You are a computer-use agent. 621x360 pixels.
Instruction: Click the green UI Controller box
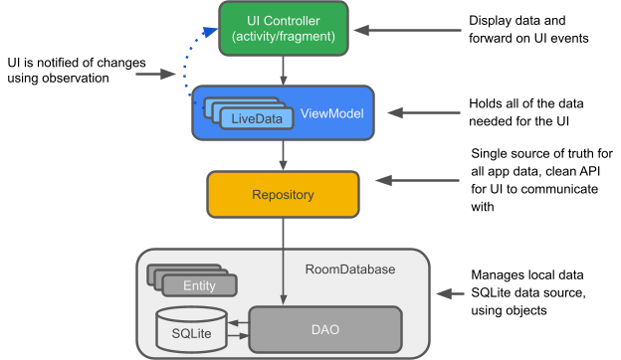(x=283, y=28)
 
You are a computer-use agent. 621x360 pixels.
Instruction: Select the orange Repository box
(x=283, y=195)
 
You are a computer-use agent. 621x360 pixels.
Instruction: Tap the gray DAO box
(x=324, y=328)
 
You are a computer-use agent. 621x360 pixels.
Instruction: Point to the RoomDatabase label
(x=349, y=270)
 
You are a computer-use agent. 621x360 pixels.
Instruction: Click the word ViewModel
(x=331, y=113)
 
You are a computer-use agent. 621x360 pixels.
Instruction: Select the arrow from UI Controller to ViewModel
(x=285, y=70)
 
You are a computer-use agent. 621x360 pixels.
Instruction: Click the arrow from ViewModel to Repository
(x=285, y=154)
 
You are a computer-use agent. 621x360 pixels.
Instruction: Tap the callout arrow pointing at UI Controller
(x=408, y=31)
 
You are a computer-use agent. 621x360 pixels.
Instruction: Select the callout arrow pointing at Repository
(x=418, y=181)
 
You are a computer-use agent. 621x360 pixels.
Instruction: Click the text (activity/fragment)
(x=283, y=38)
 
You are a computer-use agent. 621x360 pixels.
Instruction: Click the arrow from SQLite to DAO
(x=237, y=338)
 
